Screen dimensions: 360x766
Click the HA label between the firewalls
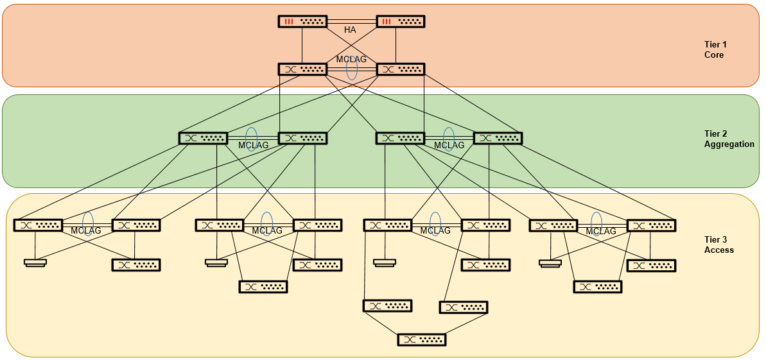click(x=350, y=30)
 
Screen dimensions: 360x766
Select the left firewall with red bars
click(x=302, y=21)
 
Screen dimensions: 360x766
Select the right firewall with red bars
click(x=401, y=21)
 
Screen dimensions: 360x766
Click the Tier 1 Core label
click(x=714, y=49)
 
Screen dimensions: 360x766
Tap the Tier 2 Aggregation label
click(x=729, y=139)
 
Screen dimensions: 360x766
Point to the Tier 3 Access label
click(x=718, y=244)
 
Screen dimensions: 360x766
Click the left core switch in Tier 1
click(x=302, y=69)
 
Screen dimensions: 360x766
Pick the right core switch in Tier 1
click(x=401, y=69)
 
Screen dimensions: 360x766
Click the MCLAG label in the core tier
click(x=351, y=60)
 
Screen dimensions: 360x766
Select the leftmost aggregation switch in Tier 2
click(x=203, y=138)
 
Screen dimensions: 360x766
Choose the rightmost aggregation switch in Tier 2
click(x=498, y=138)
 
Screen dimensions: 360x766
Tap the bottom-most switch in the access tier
click(x=422, y=339)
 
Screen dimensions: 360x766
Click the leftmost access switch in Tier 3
click(x=38, y=225)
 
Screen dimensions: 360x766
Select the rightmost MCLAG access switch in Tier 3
click(x=651, y=225)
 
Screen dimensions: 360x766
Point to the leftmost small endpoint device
click(x=35, y=262)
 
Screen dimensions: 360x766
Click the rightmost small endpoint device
click(x=550, y=262)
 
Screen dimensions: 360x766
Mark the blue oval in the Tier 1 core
click(x=352, y=68)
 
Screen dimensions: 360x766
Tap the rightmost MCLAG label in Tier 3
click(x=601, y=231)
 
